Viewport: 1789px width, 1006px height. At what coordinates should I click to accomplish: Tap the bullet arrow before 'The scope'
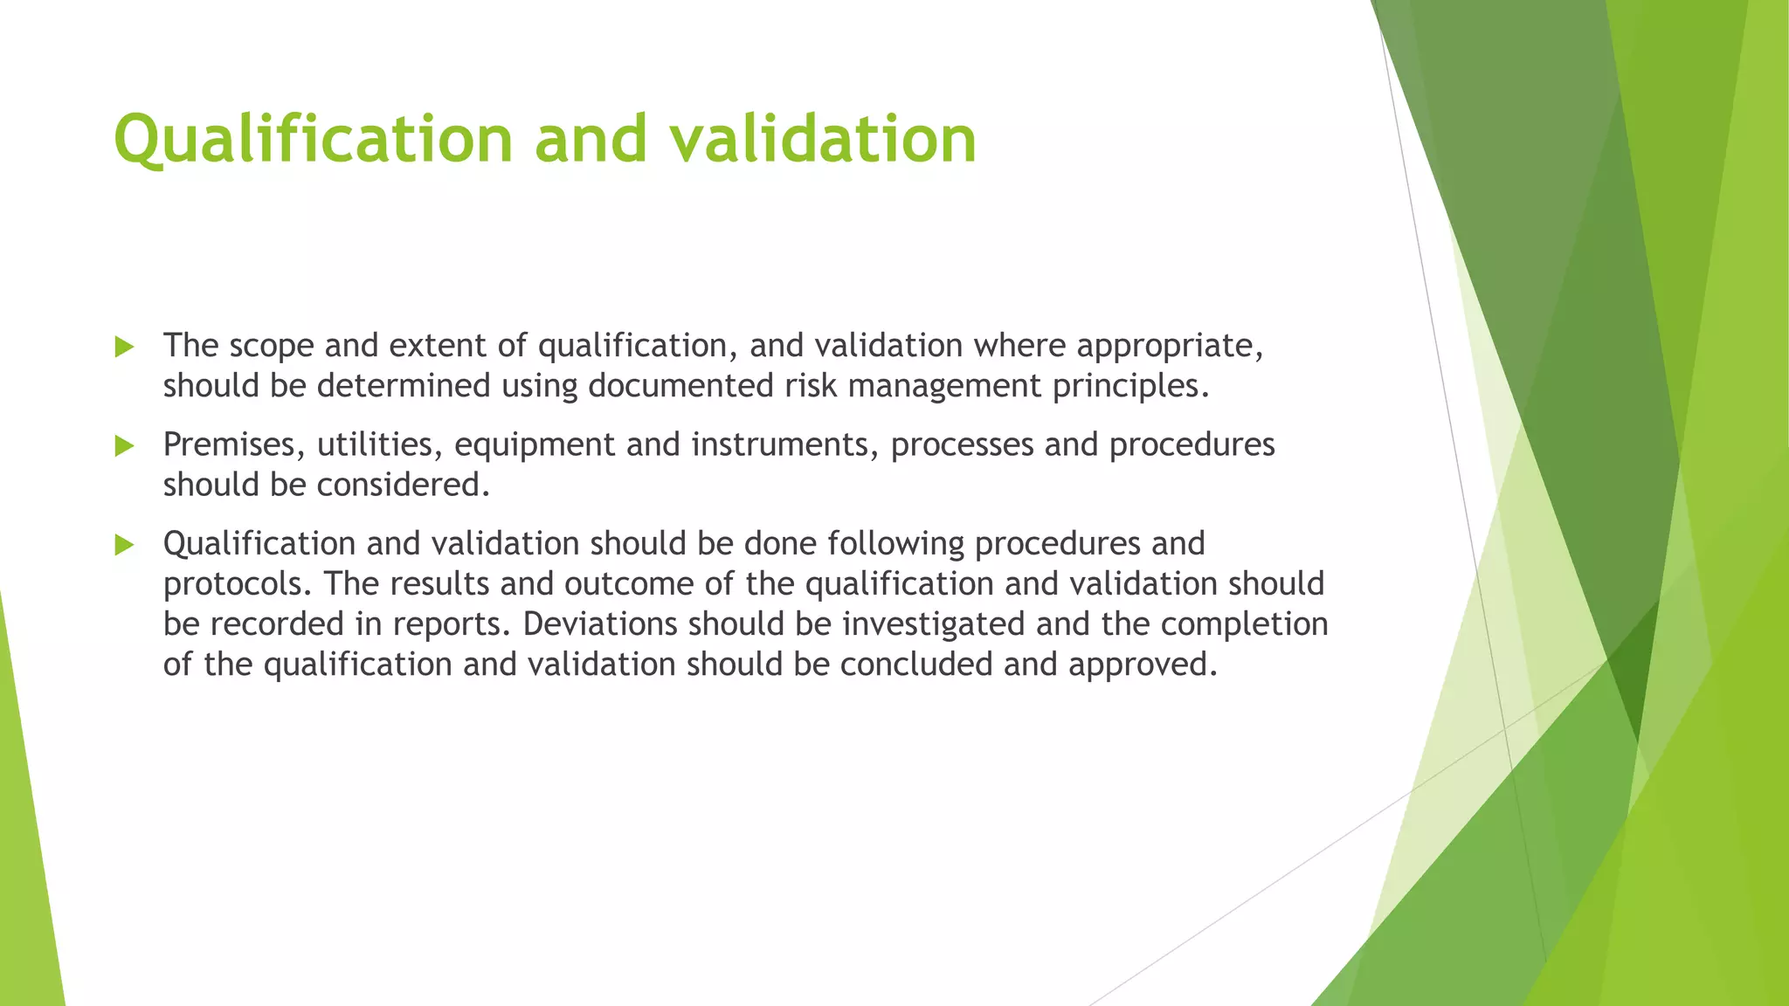point(124,348)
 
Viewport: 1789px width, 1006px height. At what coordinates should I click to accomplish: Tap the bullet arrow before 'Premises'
point(124,446)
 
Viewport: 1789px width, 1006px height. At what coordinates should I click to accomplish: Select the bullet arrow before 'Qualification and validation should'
point(124,546)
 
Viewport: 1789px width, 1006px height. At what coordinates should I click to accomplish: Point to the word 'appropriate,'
point(1170,347)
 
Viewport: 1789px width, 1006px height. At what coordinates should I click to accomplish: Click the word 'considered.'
point(403,486)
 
